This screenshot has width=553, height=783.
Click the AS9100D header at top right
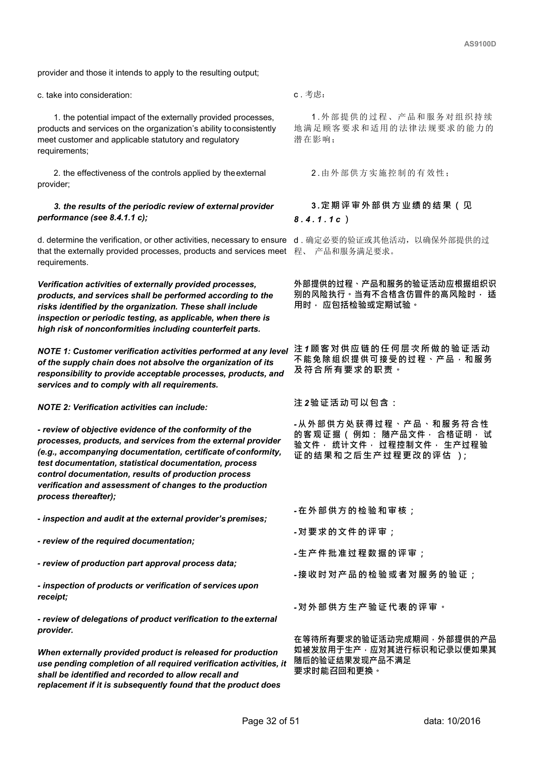[480, 44]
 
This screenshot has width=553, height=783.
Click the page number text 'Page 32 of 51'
[270, 721]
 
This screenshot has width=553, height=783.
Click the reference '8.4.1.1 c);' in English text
[128, 218]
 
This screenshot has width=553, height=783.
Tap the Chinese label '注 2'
[301, 403]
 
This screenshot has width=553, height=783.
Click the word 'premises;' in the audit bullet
[247, 519]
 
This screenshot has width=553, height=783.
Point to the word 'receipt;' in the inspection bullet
[52, 597]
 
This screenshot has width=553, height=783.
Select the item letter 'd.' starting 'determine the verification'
[41, 240]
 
